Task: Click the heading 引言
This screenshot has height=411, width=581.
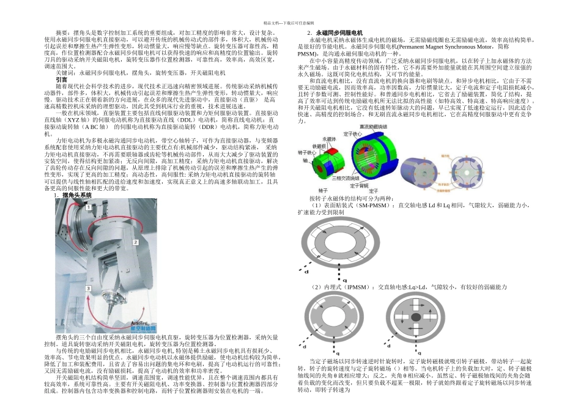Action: click(62, 80)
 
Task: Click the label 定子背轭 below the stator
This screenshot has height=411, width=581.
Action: click(364, 184)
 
